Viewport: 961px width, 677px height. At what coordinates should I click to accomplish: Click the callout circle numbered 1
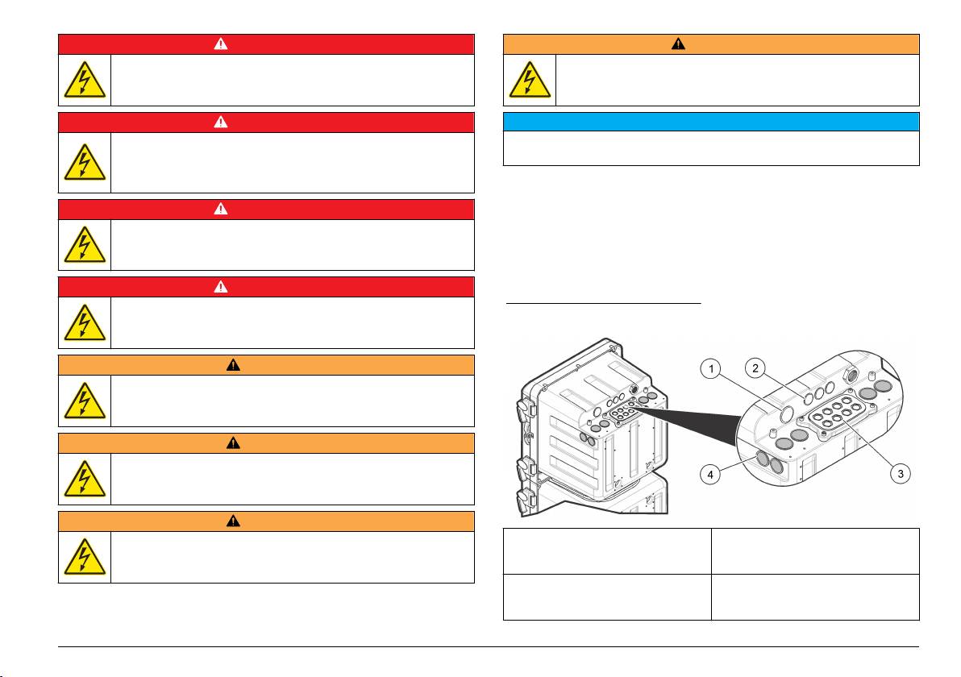coord(711,369)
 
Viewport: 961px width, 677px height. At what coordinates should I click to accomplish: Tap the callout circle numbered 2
coord(755,368)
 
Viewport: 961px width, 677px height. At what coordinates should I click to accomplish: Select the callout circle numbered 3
coord(901,474)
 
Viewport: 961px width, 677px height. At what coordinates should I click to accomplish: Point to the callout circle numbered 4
coord(710,474)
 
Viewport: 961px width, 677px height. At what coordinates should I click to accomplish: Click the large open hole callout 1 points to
coord(786,415)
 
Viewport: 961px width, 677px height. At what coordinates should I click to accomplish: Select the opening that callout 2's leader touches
coord(808,398)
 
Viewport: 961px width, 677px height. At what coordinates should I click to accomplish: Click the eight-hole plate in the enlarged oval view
coord(837,414)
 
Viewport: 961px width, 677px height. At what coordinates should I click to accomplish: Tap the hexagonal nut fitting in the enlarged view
coord(850,373)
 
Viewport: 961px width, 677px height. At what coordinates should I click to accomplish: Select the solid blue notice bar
coord(711,122)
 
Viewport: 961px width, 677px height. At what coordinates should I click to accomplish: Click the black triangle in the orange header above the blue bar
coord(678,44)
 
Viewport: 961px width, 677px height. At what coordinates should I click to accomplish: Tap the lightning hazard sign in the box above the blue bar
coord(530,80)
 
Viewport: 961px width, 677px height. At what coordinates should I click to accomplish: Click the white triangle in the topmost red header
coord(221,44)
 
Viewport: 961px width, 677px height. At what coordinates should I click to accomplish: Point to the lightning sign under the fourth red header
coord(85,322)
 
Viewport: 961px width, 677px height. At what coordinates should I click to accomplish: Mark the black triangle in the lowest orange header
coord(233,521)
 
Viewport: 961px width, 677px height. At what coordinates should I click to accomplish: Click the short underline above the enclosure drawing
coord(604,303)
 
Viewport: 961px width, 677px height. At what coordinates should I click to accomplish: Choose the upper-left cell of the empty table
coord(607,551)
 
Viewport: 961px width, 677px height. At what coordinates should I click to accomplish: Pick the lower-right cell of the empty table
coord(815,597)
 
